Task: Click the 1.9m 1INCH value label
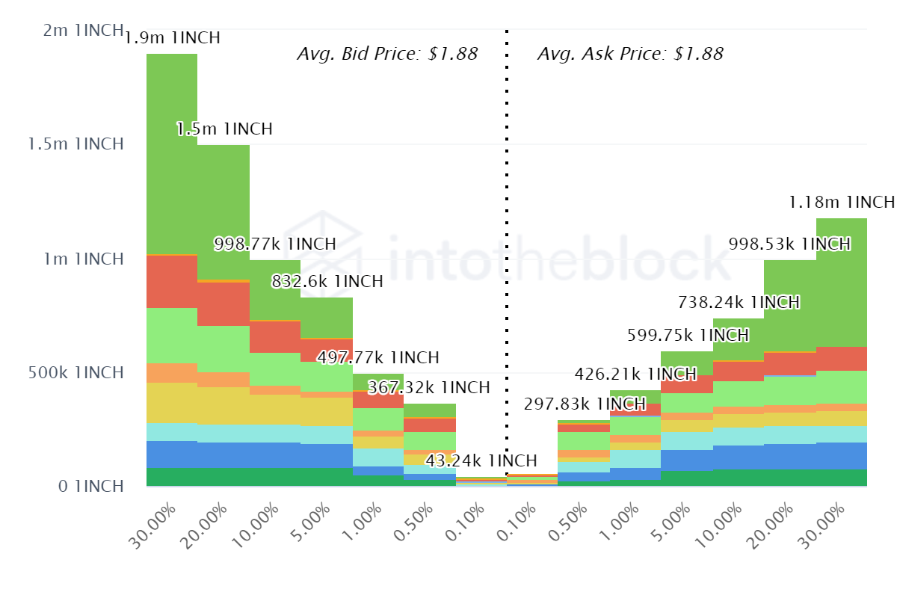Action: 172,37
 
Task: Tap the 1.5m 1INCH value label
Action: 224,129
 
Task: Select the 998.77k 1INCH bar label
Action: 275,244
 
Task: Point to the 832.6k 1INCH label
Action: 327,282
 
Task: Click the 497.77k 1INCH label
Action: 378,357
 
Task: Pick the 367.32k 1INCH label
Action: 429,388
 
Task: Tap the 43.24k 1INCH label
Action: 481,460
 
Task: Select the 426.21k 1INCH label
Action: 635,374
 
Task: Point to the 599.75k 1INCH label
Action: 687,335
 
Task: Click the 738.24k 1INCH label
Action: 739,302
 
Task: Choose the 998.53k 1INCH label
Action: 789,244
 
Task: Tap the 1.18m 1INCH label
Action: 842,202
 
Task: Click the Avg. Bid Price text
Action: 387,54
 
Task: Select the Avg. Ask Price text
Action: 630,54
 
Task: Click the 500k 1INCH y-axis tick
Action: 75,372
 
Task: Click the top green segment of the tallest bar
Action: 172,153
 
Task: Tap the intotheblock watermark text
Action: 557,258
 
